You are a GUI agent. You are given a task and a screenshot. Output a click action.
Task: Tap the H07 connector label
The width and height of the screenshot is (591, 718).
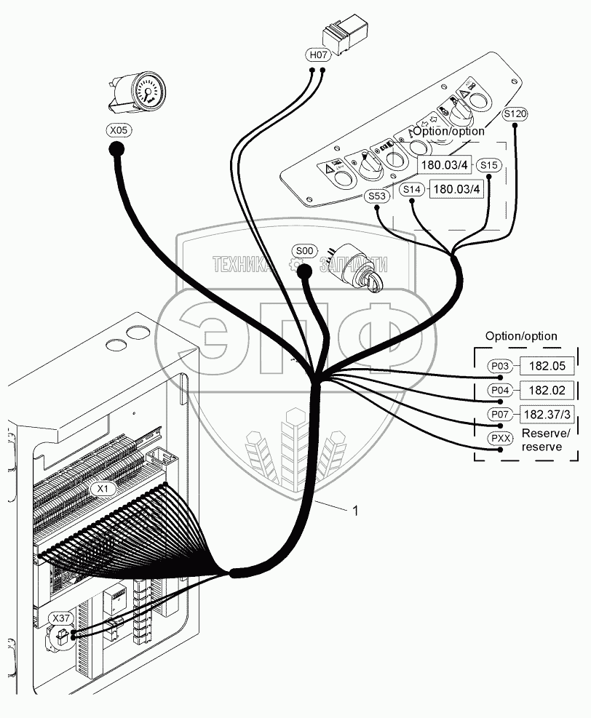pyautogui.click(x=317, y=55)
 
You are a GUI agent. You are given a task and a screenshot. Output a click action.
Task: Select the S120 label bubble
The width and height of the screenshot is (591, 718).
pyautogui.click(x=515, y=113)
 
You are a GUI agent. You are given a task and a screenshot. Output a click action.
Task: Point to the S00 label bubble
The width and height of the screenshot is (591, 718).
pyautogui.click(x=305, y=251)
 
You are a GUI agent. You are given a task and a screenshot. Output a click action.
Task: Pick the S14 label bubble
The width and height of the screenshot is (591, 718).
pyautogui.click(x=413, y=190)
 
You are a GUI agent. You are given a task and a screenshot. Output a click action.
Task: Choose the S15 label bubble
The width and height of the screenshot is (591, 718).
pyautogui.click(x=489, y=165)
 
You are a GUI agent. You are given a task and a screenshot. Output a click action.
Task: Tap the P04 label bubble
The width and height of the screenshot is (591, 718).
pyautogui.click(x=500, y=390)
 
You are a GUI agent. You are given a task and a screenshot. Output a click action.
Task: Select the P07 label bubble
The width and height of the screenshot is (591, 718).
pyautogui.click(x=500, y=415)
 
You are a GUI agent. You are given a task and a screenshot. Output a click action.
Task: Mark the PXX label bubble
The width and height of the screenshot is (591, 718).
pyautogui.click(x=500, y=439)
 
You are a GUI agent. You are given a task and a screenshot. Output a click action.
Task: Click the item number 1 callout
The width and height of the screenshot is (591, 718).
pyautogui.click(x=354, y=511)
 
